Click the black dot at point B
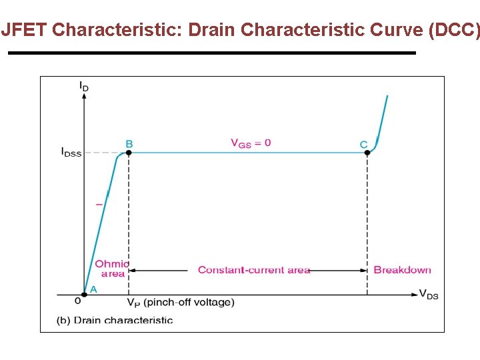click(129, 153)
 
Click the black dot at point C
click(367, 153)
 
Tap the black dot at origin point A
click(84, 294)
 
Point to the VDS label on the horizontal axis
click(429, 294)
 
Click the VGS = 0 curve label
click(251, 143)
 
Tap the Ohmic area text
click(112, 269)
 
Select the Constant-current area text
click(254, 270)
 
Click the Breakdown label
click(402, 270)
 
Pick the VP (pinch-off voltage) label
click(181, 303)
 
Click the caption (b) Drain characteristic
click(115, 320)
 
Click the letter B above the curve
click(129, 143)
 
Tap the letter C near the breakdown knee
click(363, 144)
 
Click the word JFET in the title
click(25, 30)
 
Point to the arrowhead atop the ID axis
click(84, 96)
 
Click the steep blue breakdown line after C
click(382, 120)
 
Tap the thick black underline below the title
click(211, 53)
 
